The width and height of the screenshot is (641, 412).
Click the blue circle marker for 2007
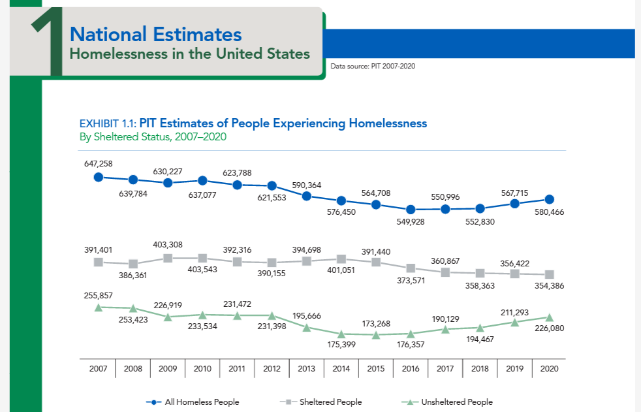click(x=99, y=176)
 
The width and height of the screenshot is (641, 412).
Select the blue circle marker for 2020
click(x=550, y=199)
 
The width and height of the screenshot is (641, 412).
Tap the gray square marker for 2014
click(x=341, y=259)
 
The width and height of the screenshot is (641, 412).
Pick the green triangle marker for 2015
click(x=376, y=335)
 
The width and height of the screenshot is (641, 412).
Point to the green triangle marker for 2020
click(x=550, y=317)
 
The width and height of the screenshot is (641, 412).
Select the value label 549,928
click(x=411, y=222)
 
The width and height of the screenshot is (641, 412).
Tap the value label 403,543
click(x=202, y=269)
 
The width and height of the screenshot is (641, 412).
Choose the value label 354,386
click(x=550, y=285)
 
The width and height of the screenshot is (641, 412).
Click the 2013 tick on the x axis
click(x=307, y=369)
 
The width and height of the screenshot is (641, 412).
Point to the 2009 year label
click(x=168, y=369)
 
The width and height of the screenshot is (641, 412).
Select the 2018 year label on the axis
click(x=480, y=369)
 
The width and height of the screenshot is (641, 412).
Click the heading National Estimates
click(x=155, y=34)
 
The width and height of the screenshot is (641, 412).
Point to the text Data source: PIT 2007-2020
click(x=373, y=66)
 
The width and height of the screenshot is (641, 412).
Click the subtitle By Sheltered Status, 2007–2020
click(x=153, y=137)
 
